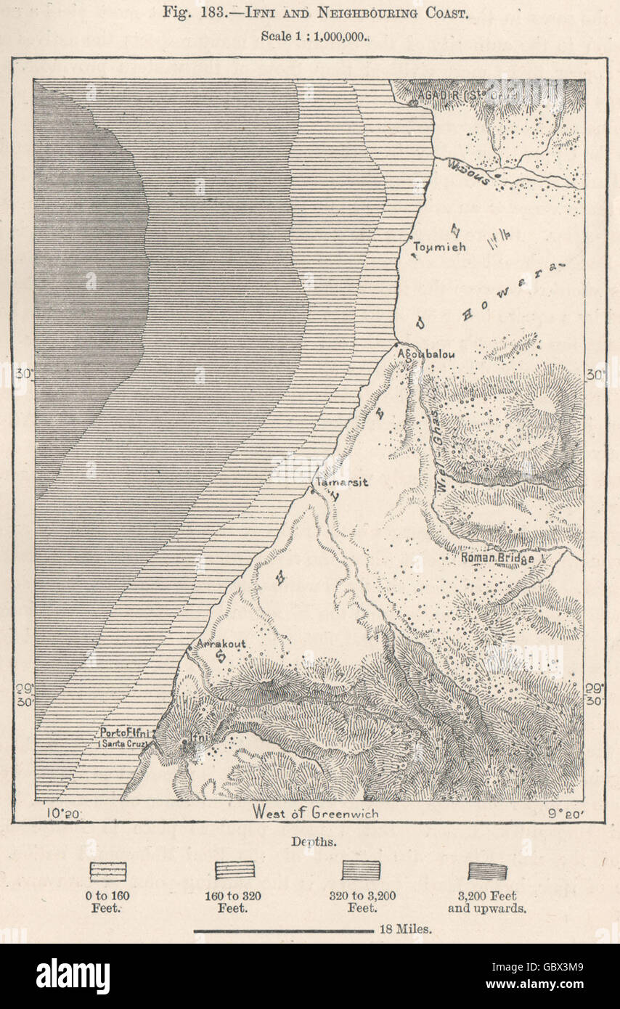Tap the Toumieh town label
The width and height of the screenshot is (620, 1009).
tap(439, 247)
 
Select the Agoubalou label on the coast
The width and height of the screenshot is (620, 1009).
tap(426, 354)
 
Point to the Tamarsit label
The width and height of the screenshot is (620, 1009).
tap(340, 482)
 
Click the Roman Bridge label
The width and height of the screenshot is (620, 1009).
tap(507, 558)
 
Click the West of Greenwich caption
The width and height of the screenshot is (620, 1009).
tap(315, 813)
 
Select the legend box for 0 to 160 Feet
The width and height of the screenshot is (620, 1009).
tap(107, 871)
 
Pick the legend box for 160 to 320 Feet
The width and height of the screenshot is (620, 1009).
tap(234, 870)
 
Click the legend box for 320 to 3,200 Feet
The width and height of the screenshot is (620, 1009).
tap(361, 870)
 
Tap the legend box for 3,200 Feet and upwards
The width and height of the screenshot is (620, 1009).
tap(487, 871)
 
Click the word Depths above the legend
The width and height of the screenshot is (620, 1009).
tap(309, 841)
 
